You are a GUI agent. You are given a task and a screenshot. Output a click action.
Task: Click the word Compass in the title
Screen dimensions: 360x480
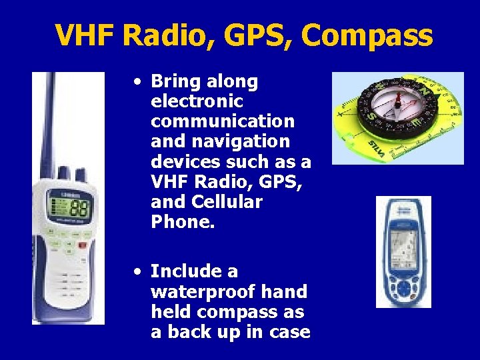(367, 35)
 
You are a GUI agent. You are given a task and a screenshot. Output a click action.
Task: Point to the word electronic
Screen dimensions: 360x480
(197, 102)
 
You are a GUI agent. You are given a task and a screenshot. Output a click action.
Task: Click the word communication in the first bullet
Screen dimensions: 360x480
(223, 121)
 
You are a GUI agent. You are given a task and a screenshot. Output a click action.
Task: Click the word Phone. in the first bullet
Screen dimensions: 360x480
(183, 221)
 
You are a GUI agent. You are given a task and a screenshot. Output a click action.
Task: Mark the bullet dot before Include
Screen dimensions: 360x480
(136, 271)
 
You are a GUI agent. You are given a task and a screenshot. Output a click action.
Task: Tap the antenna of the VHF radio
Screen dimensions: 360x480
(49, 120)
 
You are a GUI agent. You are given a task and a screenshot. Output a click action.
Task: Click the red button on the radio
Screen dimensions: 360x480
(81, 245)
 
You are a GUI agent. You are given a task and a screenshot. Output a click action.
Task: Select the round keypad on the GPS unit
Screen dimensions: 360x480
(403, 288)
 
